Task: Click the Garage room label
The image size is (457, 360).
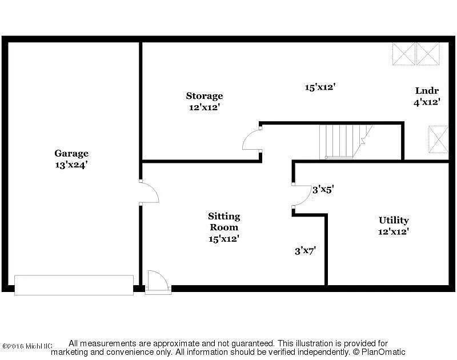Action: point(71,153)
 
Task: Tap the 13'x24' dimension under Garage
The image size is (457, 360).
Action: point(71,165)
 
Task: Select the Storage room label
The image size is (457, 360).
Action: point(204,95)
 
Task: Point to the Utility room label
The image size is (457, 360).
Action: point(394,220)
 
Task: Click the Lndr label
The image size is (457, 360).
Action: point(427,91)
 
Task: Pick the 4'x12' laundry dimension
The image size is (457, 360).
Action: point(427,102)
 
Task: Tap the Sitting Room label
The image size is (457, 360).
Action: point(223,222)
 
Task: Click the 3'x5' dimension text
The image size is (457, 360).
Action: point(322,190)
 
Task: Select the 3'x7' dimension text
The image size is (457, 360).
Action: point(305,250)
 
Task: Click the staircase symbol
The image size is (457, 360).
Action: point(343,141)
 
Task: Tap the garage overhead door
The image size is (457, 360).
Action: point(74,285)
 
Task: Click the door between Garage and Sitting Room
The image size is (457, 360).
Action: point(149,193)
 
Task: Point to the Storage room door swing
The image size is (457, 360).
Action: point(252,139)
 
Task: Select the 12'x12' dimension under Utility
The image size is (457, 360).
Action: point(394,231)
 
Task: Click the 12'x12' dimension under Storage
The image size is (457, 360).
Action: point(204,107)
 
